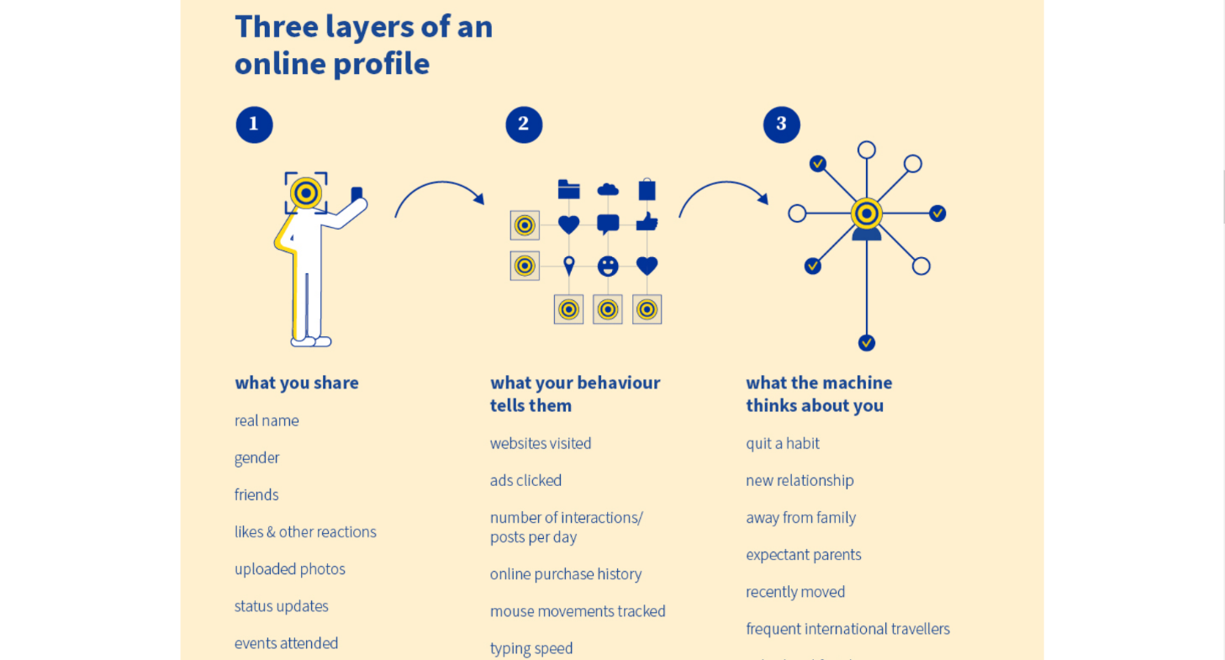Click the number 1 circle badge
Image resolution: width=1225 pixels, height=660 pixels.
pyautogui.click(x=254, y=124)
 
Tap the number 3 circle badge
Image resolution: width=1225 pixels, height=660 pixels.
pyautogui.click(x=781, y=124)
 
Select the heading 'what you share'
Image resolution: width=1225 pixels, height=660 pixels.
pyautogui.click(x=297, y=383)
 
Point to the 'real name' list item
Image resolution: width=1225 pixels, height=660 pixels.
pyautogui.click(x=267, y=420)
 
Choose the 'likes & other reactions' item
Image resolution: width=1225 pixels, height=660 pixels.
pyautogui.click(x=305, y=532)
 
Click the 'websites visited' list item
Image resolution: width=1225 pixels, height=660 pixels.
pyautogui.click(x=541, y=443)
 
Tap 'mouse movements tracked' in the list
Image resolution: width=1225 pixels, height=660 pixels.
pyautogui.click(x=578, y=611)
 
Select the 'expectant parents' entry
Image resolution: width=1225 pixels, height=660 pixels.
pyautogui.click(x=803, y=555)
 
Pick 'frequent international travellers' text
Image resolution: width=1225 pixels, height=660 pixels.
pyautogui.click(x=847, y=629)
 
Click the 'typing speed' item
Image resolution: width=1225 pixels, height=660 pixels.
pyautogui.click(x=531, y=648)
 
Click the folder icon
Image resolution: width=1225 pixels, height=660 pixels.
pyautogui.click(x=569, y=190)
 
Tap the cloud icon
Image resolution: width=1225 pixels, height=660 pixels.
pyautogui.click(x=608, y=190)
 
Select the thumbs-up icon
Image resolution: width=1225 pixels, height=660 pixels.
pyautogui.click(x=647, y=222)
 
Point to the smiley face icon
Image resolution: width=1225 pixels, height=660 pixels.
pyautogui.click(x=608, y=267)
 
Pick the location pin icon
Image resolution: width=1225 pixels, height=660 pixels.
pyautogui.click(x=569, y=266)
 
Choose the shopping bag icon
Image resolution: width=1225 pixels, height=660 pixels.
pyautogui.click(x=647, y=189)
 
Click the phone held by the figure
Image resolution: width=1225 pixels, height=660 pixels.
pyautogui.click(x=356, y=194)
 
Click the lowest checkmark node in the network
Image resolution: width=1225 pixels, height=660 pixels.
pyautogui.click(x=867, y=343)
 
